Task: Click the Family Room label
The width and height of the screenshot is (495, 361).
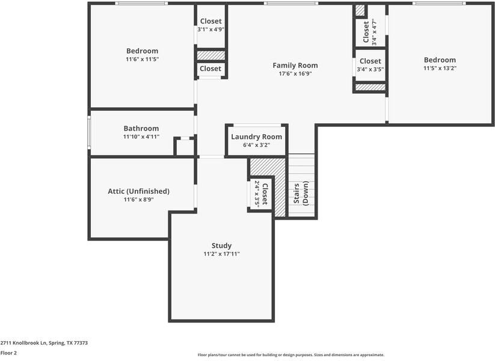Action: [x=295, y=66]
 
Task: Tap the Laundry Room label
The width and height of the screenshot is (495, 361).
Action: [x=256, y=137]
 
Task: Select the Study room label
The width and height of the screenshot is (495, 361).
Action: [x=221, y=245]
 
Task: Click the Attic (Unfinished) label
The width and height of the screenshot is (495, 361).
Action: [x=138, y=191]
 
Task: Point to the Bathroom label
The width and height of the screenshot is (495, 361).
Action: [x=141, y=128]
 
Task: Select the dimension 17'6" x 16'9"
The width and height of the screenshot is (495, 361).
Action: [x=295, y=74]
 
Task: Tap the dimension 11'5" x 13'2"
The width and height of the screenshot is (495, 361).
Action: [x=440, y=69]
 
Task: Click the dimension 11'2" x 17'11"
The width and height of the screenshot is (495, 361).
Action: [x=221, y=254]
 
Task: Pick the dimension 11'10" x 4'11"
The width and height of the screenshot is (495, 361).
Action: [x=141, y=137]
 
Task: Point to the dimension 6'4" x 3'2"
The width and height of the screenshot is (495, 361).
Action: [x=256, y=145]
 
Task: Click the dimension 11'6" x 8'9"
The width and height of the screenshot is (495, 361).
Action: [x=138, y=200]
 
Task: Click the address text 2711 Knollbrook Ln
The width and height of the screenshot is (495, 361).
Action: [x=44, y=343]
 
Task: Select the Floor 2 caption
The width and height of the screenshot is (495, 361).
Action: [x=8, y=353]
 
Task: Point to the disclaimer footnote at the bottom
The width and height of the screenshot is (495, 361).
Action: [x=291, y=355]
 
